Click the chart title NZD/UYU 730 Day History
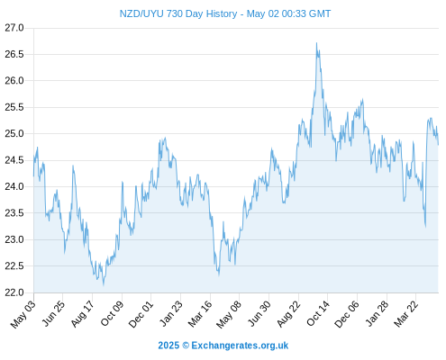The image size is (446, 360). [x=178, y=13]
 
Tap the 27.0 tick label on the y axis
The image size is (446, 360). [x=14, y=28]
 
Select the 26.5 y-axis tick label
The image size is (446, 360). [x=14, y=54]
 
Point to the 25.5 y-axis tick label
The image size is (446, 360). [x=14, y=107]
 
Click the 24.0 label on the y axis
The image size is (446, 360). [x=14, y=186]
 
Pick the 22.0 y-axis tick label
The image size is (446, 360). [x=14, y=292]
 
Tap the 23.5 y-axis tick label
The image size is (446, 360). [x=14, y=213]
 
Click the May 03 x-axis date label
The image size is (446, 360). [x=23, y=314]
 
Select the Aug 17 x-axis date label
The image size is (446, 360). [x=82, y=314]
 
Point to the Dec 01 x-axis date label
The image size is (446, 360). [x=141, y=314]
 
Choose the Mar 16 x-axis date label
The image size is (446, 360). [x=200, y=314]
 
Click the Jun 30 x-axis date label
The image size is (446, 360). [x=259, y=314]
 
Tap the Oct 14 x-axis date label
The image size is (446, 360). [x=318, y=314]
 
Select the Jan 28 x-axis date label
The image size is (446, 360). [x=377, y=314]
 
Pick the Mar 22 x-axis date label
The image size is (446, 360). [x=406, y=314]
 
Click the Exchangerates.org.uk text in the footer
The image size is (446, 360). [x=240, y=346]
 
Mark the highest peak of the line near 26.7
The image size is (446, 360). [x=316, y=43]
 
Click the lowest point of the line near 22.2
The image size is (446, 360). [x=104, y=285]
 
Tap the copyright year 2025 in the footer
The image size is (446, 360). [x=168, y=346]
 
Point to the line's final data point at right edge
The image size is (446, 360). [x=438, y=145]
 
